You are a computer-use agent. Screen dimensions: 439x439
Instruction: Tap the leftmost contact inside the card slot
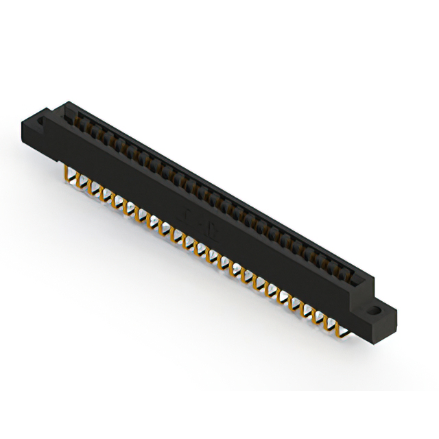pos(75,118)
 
